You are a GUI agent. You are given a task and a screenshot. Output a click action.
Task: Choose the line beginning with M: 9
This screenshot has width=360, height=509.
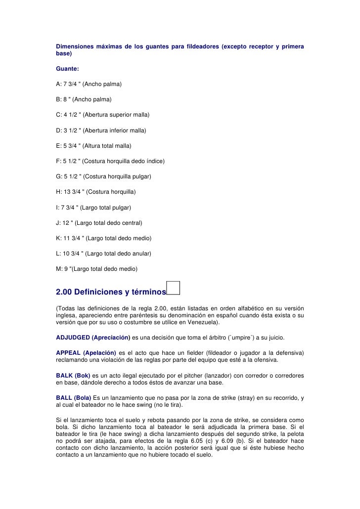tap(97, 269)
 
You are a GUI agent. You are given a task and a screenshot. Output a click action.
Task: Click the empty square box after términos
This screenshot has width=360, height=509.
tap(174, 287)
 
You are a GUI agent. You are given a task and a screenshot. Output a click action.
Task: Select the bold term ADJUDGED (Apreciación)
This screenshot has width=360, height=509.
tap(93, 338)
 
